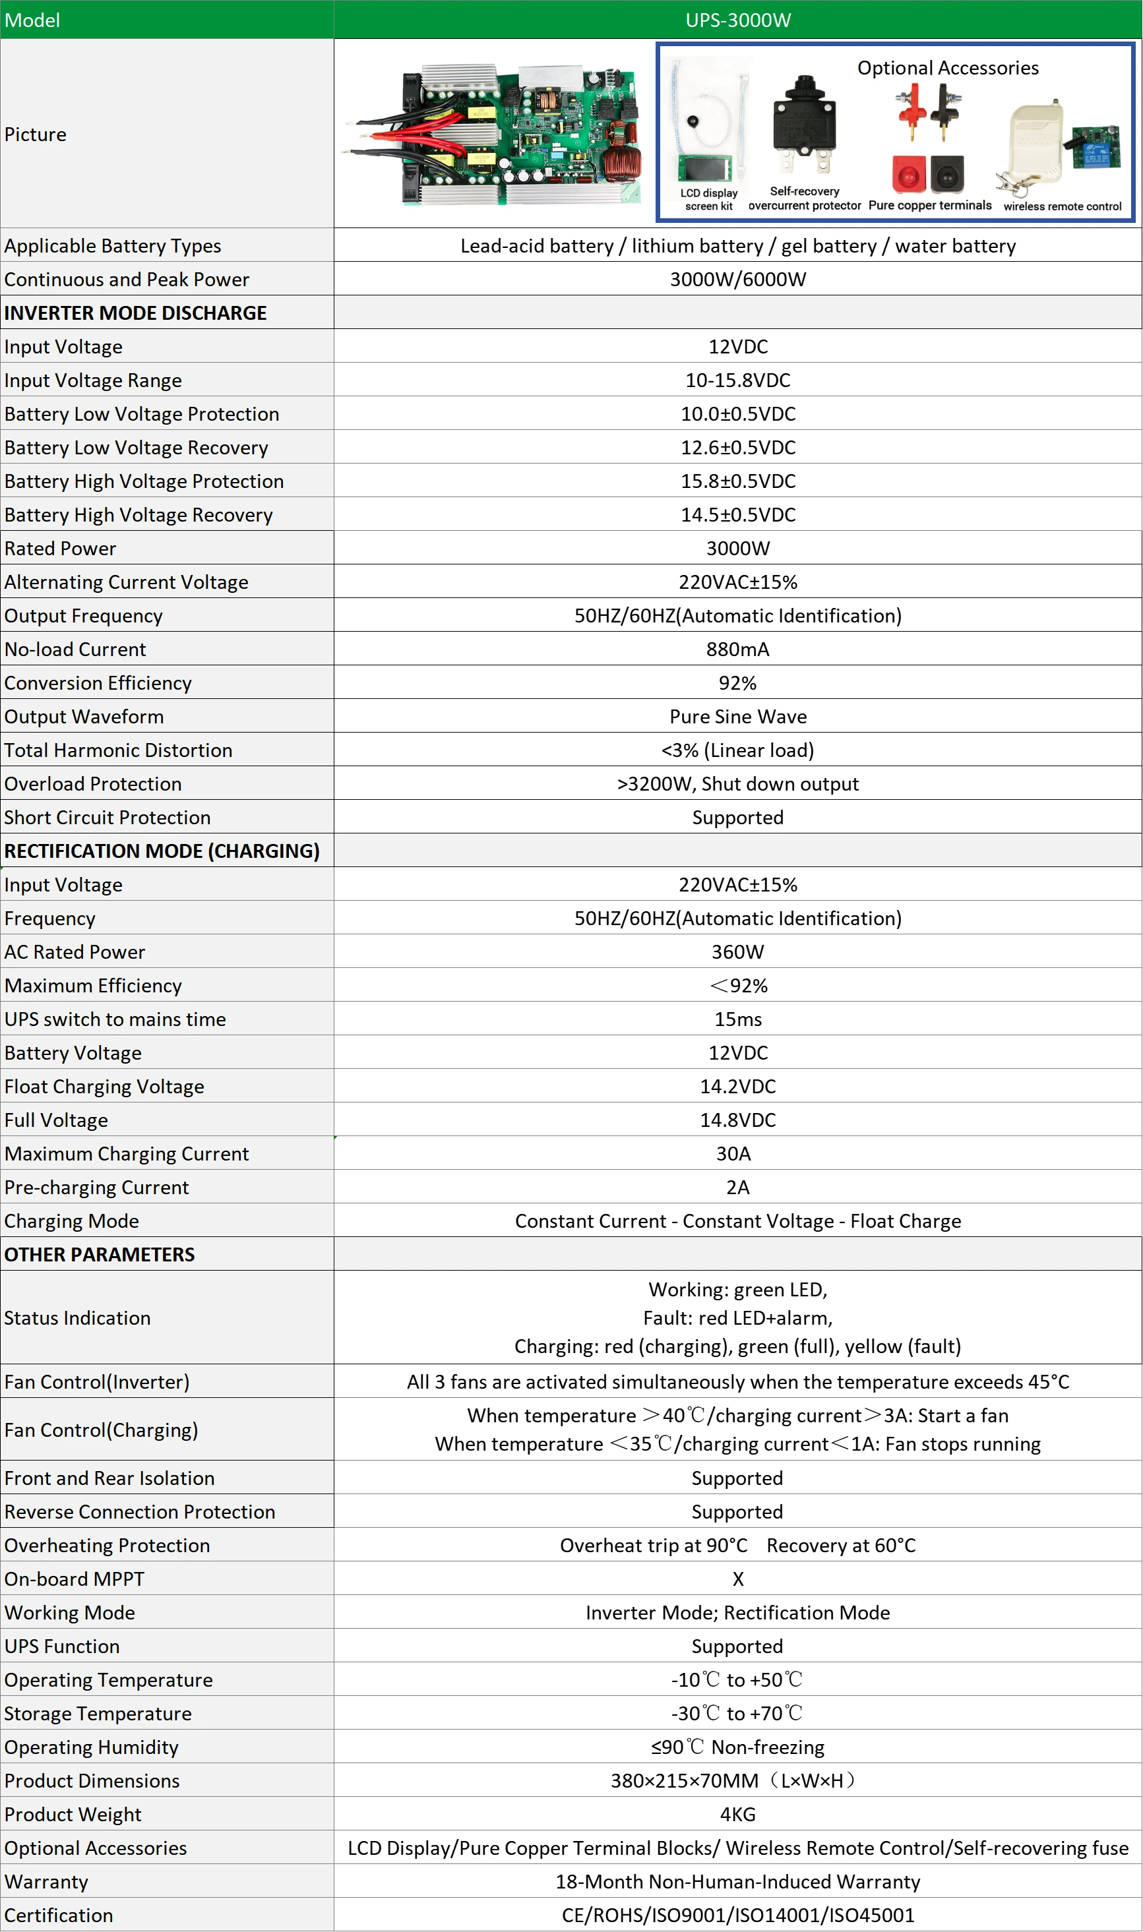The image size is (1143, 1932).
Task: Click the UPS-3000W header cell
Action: (x=737, y=20)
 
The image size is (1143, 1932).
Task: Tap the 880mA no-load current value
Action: (x=737, y=649)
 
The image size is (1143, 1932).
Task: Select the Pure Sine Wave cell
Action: (x=737, y=716)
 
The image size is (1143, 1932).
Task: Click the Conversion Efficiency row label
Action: (x=98, y=683)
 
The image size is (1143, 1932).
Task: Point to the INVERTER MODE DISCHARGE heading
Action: (x=136, y=313)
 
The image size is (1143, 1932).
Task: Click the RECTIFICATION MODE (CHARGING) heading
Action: (x=162, y=851)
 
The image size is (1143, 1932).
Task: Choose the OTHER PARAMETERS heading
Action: (x=100, y=1254)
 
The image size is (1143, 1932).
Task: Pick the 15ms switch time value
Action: (x=737, y=1019)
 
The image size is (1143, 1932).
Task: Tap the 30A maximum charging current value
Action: (x=733, y=1153)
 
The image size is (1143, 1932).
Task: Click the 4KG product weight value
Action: (x=737, y=1814)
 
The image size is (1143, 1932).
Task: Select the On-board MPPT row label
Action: (x=74, y=1579)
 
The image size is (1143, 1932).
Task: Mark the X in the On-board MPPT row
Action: (x=737, y=1579)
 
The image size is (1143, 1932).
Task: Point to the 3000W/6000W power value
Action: (x=737, y=280)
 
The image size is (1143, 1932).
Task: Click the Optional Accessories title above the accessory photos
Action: (x=947, y=68)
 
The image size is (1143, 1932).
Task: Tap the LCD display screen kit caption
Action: (x=708, y=199)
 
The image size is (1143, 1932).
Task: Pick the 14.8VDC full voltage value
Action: (x=737, y=1120)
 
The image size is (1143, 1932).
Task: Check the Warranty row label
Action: (x=46, y=1881)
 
